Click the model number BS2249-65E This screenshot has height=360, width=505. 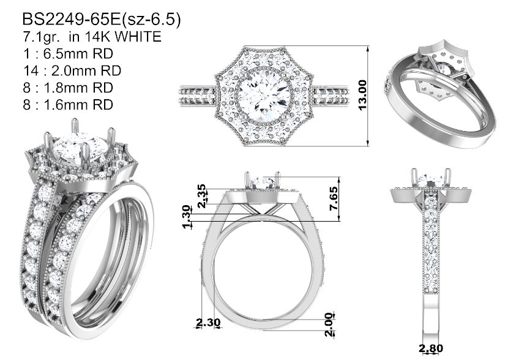point(71,20)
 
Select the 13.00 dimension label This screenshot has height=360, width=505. point(362,96)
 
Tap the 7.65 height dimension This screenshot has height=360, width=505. point(334,198)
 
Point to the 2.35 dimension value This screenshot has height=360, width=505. point(201,196)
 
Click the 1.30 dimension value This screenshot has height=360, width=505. point(187,217)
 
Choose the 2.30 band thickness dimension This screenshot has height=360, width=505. point(208,322)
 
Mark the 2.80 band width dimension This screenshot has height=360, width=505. point(430,348)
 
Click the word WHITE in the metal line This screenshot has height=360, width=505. point(138,37)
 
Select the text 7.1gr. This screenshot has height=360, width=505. point(41,37)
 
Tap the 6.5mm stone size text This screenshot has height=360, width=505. point(78,53)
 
